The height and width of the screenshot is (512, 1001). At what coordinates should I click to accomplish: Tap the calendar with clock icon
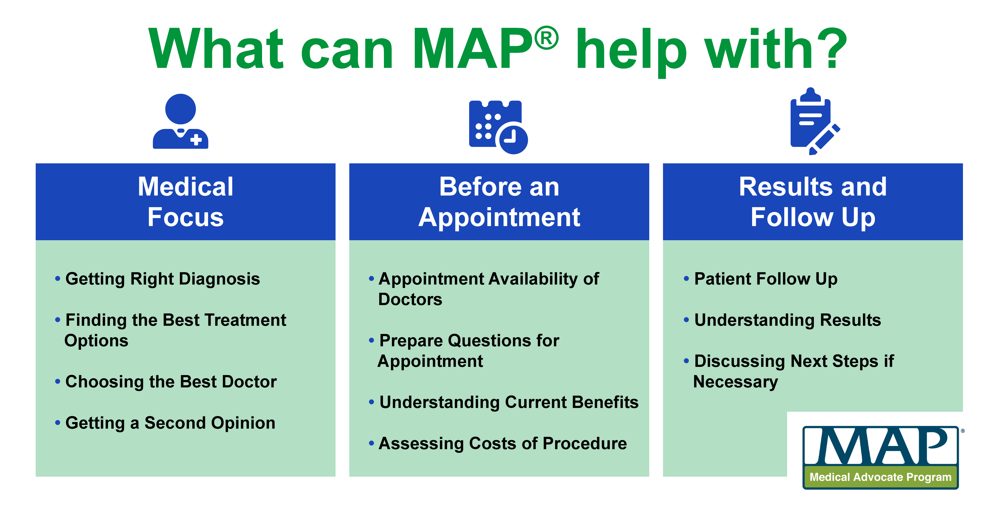(498, 127)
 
